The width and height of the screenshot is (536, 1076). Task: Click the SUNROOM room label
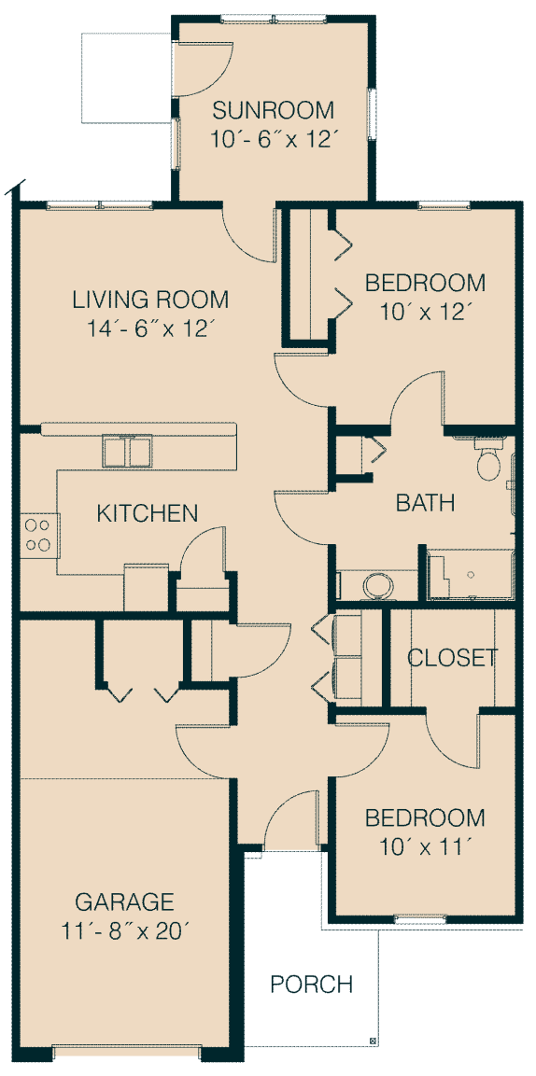(x=273, y=110)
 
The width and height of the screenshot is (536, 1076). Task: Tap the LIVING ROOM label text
(x=150, y=300)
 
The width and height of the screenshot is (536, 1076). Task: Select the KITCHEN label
(x=147, y=512)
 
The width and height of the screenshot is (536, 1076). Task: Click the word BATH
(x=426, y=503)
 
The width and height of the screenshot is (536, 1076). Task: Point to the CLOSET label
(x=452, y=658)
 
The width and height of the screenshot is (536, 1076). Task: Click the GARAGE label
(x=124, y=901)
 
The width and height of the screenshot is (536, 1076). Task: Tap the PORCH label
(x=312, y=984)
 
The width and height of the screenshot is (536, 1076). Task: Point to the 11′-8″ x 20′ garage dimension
(x=124, y=931)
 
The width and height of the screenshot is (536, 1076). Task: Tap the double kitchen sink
(x=127, y=451)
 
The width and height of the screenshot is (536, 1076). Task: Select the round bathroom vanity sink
(x=376, y=587)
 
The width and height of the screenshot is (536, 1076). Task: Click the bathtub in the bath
(x=470, y=574)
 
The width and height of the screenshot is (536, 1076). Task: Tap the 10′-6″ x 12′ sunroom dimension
(x=273, y=140)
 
